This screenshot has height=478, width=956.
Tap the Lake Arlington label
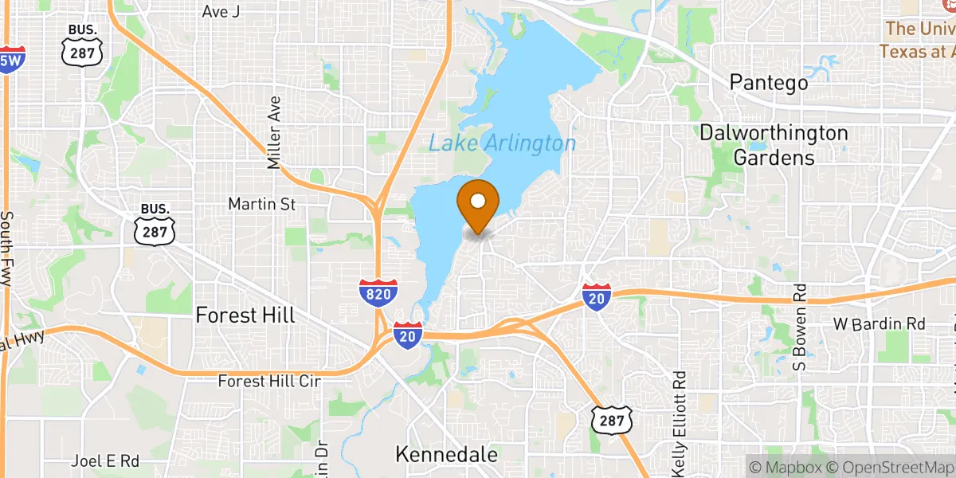click(502, 143)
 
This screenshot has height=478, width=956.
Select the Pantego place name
click(769, 82)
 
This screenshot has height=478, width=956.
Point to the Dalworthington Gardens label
click(773, 145)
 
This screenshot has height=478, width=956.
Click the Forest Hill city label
click(245, 315)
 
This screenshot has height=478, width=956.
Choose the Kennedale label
click(447, 455)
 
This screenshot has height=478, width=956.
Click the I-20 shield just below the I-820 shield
click(407, 335)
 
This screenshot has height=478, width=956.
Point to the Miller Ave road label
click(275, 132)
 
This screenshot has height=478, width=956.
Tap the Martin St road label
click(261, 205)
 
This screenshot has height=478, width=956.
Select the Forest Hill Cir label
click(269, 382)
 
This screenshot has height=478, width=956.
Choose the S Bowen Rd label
click(801, 327)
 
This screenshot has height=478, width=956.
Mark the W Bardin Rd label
click(879, 324)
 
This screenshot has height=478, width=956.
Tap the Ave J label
click(221, 11)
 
